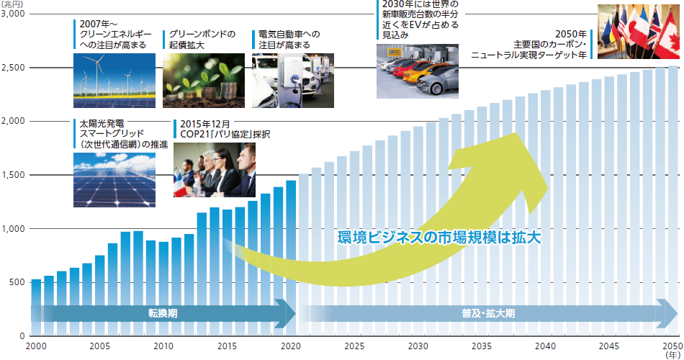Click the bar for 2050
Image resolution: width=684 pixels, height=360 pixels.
[672, 202]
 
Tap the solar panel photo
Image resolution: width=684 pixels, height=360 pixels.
[113, 179]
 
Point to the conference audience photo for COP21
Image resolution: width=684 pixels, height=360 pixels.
[214, 169]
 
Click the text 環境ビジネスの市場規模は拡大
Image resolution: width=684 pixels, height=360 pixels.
[438, 236]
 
